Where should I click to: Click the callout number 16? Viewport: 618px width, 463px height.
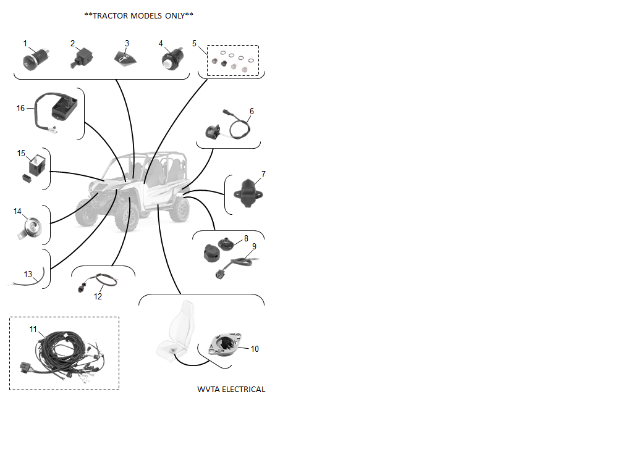[x=20, y=108]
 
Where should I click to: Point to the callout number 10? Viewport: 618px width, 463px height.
[x=255, y=349]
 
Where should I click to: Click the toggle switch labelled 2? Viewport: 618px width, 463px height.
[x=82, y=58]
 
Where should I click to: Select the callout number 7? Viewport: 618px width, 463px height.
[x=264, y=175]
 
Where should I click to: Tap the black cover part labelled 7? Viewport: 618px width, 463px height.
[x=248, y=193]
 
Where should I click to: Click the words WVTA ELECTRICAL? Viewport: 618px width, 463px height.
[x=231, y=390]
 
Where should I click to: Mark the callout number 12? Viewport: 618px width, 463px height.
[x=98, y=296]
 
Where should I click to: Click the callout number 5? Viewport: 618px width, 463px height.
[x=194, y=43]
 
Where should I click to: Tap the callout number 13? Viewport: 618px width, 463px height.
[x=28, y=274]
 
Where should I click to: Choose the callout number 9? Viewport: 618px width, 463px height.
[x=254, y=246]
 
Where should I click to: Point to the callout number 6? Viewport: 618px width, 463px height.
[x=252, y=111]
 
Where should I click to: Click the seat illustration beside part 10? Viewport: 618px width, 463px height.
[x=177, y=331]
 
